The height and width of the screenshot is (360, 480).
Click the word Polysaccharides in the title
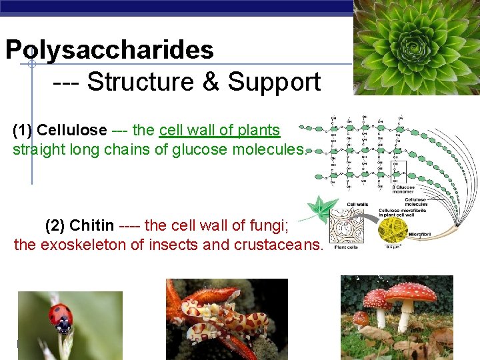click(109, 50)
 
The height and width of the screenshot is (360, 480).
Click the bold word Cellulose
click(72, 130)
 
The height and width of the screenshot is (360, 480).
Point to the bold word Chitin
click(91, 225)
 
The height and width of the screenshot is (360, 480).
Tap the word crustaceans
click(278, 245)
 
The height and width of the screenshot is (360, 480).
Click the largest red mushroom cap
click(411, 292)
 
